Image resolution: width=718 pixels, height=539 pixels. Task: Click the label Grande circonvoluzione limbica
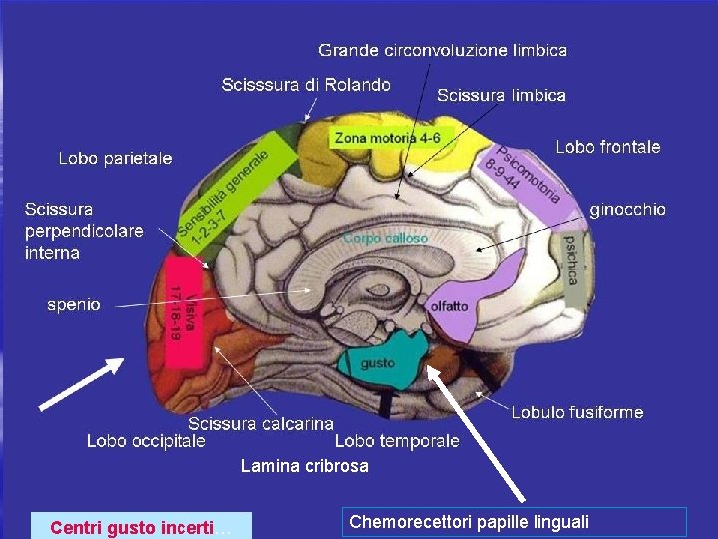click(443, 50)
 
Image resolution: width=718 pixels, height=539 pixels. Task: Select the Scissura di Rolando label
click(305, 85)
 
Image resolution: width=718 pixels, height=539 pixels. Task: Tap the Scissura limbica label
click(502, 96)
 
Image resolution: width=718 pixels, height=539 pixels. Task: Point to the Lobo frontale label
click(607, 147)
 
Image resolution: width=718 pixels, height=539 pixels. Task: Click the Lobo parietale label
click(115, 158)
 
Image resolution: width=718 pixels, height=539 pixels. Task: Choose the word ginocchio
click(627, 210)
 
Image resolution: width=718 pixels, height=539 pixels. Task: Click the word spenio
click(74, 304)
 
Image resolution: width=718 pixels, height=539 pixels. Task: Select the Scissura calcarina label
click(261, 424)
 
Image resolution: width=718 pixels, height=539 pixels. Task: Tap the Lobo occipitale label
click(147, 440)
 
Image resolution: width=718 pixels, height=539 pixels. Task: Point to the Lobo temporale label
click(397, 440)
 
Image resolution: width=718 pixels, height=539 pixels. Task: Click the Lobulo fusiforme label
click(577, 412)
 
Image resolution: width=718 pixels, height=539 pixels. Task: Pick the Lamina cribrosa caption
click(304, 466)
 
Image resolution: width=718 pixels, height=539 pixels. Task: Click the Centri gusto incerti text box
click(141, 526)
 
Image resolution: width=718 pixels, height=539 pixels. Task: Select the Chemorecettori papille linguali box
click(514, 522)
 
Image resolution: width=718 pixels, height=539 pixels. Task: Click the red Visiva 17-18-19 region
click(179, 319)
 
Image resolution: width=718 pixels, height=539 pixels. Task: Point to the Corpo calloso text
click(385, 239)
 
